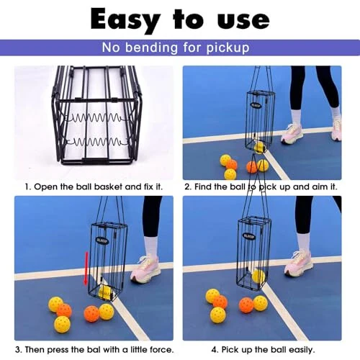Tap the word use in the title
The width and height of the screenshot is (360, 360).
point(238,19)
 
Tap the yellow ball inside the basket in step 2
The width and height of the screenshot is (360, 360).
point(258,147)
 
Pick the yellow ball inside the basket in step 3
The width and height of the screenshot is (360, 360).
point(106,291)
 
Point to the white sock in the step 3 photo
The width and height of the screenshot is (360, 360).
point(150,246)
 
